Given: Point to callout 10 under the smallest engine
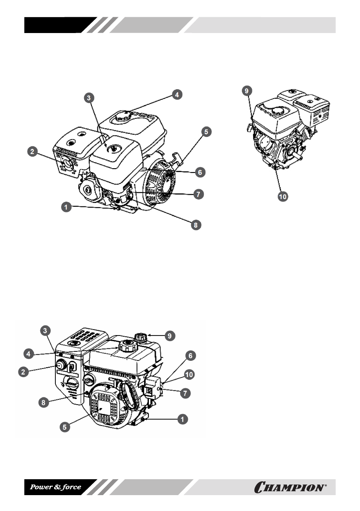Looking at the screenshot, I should click(x=283, y=197).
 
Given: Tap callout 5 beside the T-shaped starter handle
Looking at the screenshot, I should click(x=206, y=132).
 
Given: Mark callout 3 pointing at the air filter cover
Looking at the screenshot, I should click(x=88, y=98).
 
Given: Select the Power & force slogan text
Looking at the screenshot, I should click(x=55, y=487).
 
